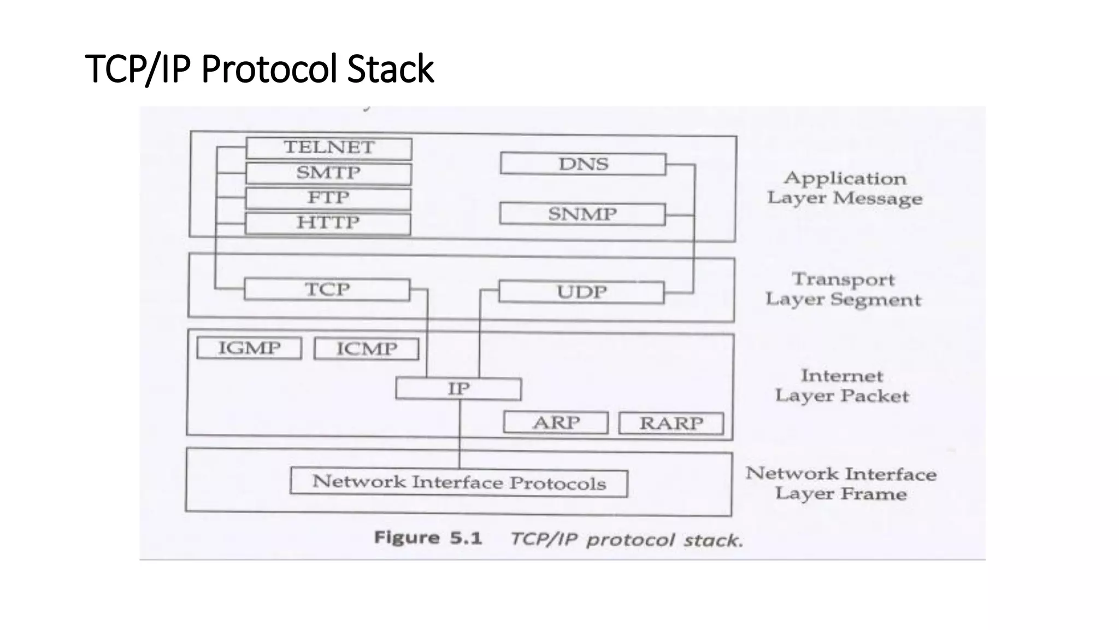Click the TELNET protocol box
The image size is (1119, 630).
point(329,148)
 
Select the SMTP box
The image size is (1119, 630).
point(328,173)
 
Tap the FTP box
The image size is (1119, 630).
point(328,198)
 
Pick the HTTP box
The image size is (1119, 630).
point(328,223)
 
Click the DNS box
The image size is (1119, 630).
point(583,164)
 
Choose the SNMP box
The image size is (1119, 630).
point(582,214)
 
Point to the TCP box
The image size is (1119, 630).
point(327,289)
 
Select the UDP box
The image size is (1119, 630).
point(581,292)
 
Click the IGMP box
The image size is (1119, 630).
point(249,348)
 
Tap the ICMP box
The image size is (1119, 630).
point(367,349)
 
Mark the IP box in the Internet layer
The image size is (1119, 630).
point(458,389)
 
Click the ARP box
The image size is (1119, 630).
point(556,423)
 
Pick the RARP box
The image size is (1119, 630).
point(671,423)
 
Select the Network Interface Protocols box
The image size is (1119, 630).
point(459,482)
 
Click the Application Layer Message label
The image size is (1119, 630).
point(845,188)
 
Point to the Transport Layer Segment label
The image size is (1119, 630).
point(844,289)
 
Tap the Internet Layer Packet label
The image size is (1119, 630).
point(842,386)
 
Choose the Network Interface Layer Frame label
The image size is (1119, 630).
point(841,483)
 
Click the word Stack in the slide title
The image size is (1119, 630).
point(390,69)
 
